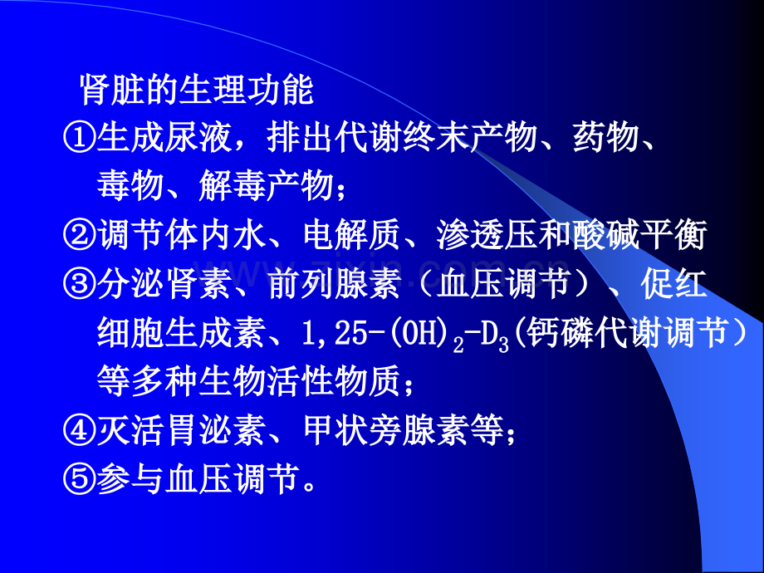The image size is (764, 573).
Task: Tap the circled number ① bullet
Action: coord(79,139)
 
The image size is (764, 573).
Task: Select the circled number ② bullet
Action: coord(79,238)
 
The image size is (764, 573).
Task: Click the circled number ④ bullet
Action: coord(79,431)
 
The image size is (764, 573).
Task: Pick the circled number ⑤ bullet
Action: coord(79,480)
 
